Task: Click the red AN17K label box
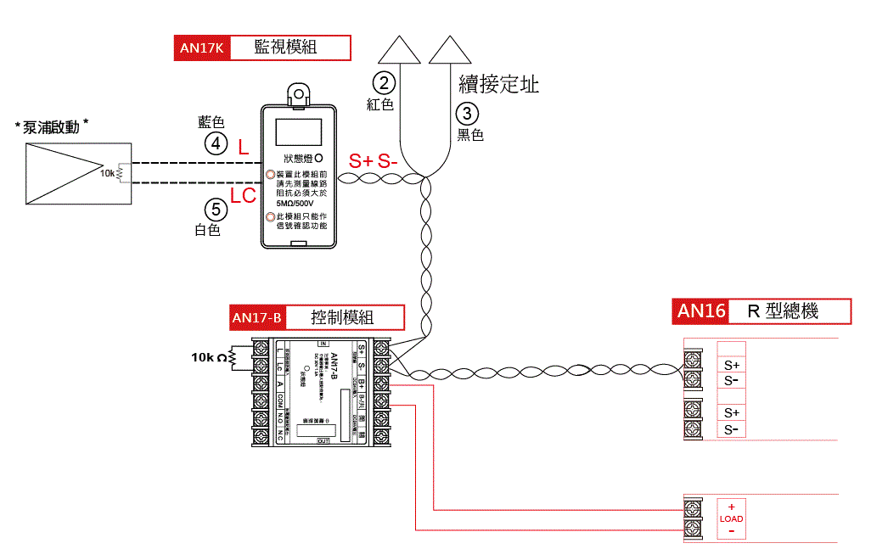201,48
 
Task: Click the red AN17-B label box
257,318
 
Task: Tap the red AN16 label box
701,311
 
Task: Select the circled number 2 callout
385,82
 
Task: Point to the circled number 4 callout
216,144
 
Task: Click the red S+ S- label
374,161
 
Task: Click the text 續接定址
499,84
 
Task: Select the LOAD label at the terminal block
731,518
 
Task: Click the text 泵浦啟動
52,127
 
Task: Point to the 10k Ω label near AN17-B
210,357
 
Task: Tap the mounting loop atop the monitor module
298,94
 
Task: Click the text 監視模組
286,48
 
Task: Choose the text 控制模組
342,318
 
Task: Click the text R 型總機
782,311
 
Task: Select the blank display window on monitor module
298,133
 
